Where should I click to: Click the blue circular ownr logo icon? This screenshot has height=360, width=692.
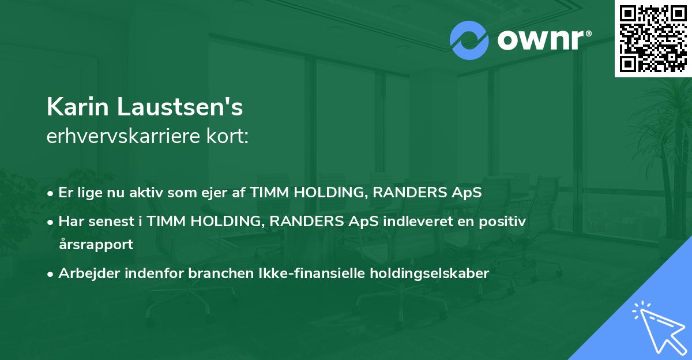(x=469, y=40)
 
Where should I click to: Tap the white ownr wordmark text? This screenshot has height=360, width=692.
(x=541, y=40)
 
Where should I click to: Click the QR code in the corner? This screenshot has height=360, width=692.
(x=653, y=39)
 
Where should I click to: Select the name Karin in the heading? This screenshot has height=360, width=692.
(x=77, y=107)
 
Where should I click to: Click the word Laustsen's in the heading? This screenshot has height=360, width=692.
(x=180, y=107)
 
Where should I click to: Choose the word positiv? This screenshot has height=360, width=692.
(x=502, y=222)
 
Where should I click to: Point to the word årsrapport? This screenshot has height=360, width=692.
(x=96, y=245)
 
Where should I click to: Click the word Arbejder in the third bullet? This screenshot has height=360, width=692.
(x=89, y=273)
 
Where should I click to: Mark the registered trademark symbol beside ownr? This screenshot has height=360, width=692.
(x=588, y=33)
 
